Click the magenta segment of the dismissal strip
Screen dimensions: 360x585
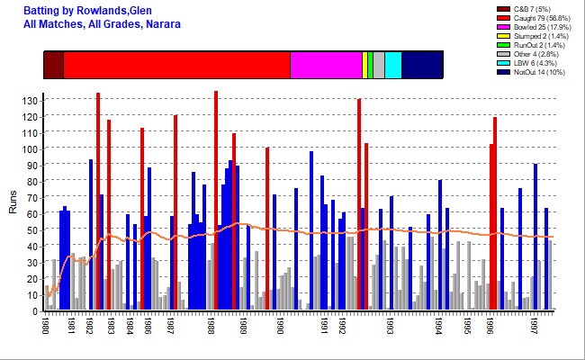coord(326,66)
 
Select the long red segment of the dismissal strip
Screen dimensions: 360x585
coord(176,66)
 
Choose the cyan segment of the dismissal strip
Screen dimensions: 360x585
coord(392,66)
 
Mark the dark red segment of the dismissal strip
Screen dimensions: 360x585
coord(53,66)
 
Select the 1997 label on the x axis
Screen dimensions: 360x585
coord(535,325)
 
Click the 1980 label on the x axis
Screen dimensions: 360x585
coord(46,325)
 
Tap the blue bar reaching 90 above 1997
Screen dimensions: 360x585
coord(535,238)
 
